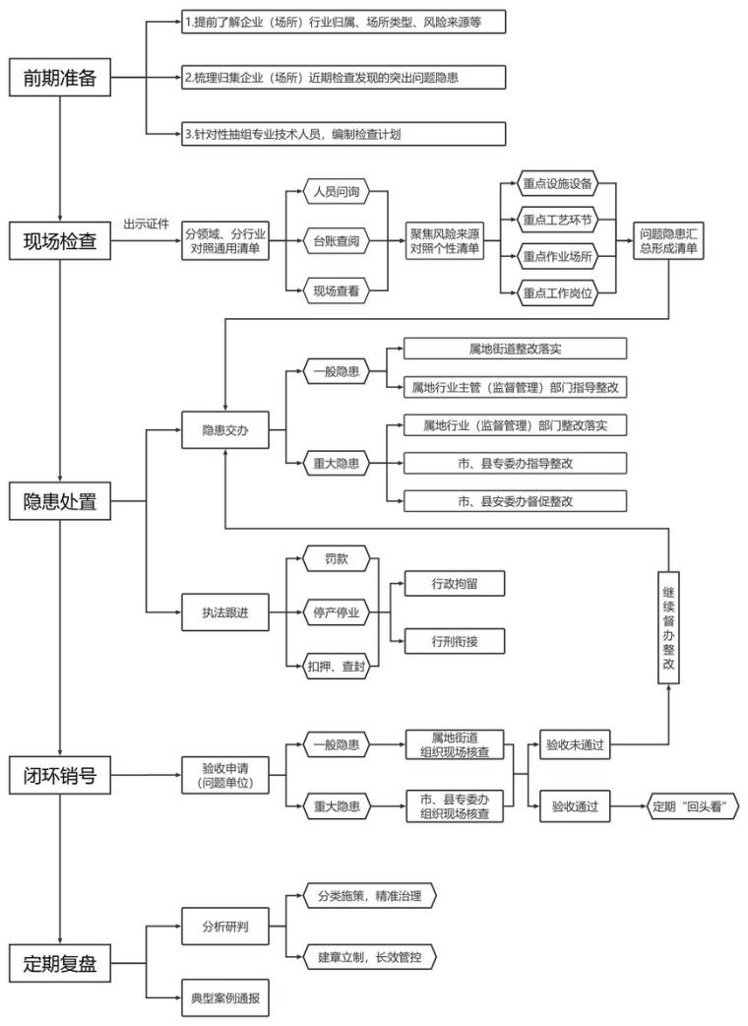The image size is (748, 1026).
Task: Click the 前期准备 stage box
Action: point(60,80)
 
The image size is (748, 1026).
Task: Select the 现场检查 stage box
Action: point(60,239)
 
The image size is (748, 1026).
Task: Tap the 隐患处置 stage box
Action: point(60,501)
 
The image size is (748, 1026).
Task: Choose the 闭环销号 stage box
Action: point(60,774)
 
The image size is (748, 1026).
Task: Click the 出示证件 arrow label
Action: point(145,223)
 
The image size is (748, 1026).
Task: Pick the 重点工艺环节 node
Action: point(557,220)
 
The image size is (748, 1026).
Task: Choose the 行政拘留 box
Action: point(455,584)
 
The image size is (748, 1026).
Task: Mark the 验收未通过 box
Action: point(576,745)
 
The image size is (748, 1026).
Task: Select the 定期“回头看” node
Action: point(692,806)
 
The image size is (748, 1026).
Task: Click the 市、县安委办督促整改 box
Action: point(516,500)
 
